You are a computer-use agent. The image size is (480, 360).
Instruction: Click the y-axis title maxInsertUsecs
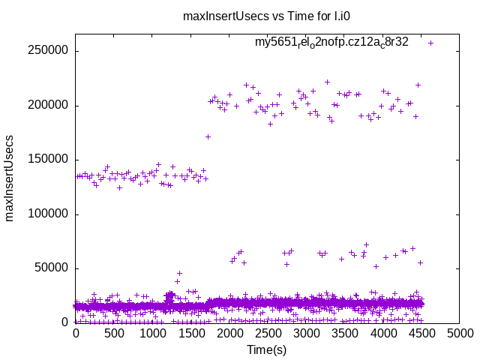pos(10,178)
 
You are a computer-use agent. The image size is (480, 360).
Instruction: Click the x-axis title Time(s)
pos(267,349)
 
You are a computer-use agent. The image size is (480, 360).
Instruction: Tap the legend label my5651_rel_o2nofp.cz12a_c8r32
pos(331,43)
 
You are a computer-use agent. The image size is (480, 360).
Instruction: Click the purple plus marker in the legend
pos(430,43)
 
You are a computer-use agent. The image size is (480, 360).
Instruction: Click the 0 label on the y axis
pos(66,322)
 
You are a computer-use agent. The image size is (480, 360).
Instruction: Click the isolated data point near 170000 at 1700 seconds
pos(208,136)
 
